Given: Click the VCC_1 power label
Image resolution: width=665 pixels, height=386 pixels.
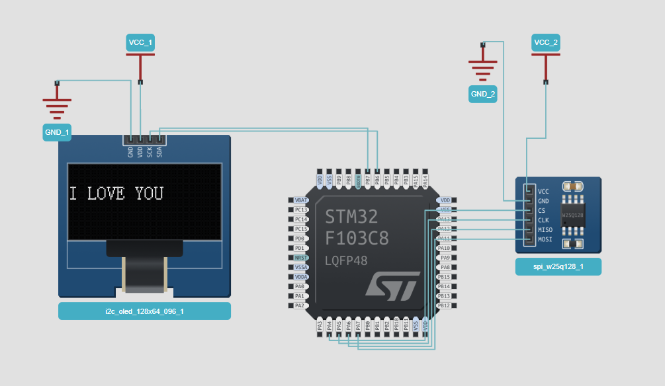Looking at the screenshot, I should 140,43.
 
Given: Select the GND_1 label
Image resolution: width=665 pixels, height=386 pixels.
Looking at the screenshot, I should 57,132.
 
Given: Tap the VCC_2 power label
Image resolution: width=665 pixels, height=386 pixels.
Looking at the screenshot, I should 546,43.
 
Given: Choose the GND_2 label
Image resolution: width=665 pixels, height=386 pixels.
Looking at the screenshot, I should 483,94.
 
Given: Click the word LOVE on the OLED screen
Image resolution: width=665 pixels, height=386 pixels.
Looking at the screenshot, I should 107,193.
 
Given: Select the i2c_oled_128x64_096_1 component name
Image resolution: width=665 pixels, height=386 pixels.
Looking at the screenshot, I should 144,311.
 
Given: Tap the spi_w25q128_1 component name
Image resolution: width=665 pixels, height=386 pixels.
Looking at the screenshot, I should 558,267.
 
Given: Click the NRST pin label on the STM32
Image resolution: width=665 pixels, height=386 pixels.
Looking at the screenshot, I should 300,257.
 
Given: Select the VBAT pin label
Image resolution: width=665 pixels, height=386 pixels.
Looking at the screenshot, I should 300,200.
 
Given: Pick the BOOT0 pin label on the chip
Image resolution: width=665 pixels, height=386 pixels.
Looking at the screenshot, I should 358,180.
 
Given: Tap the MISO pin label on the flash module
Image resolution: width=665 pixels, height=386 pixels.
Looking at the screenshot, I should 545,229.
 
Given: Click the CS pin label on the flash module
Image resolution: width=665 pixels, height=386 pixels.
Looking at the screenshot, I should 542,210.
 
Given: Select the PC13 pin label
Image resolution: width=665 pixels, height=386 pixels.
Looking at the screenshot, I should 300,210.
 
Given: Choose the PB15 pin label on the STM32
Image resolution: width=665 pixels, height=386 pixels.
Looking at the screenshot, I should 444,276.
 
